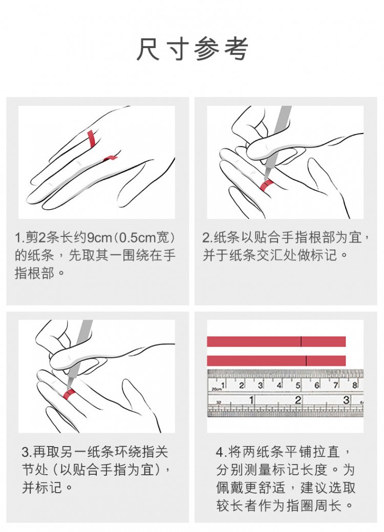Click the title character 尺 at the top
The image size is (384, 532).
coord(149,50)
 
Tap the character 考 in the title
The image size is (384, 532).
coord(236,50)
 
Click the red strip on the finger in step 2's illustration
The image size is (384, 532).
coord(267,185)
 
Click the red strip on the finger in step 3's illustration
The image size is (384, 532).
coord(70,393)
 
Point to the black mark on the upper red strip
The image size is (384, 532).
coord(301,342)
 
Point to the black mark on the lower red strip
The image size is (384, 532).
coord(306,361)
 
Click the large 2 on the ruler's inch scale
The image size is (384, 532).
coord(298,400)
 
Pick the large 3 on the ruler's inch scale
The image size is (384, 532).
coord(346,400)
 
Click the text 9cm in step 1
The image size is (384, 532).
coord(98,238)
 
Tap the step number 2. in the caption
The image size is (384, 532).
coord(207,238)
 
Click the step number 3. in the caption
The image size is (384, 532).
coord(27,453)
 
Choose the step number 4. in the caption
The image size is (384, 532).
coord(221,453)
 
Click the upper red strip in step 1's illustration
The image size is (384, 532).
coord(91,139)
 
